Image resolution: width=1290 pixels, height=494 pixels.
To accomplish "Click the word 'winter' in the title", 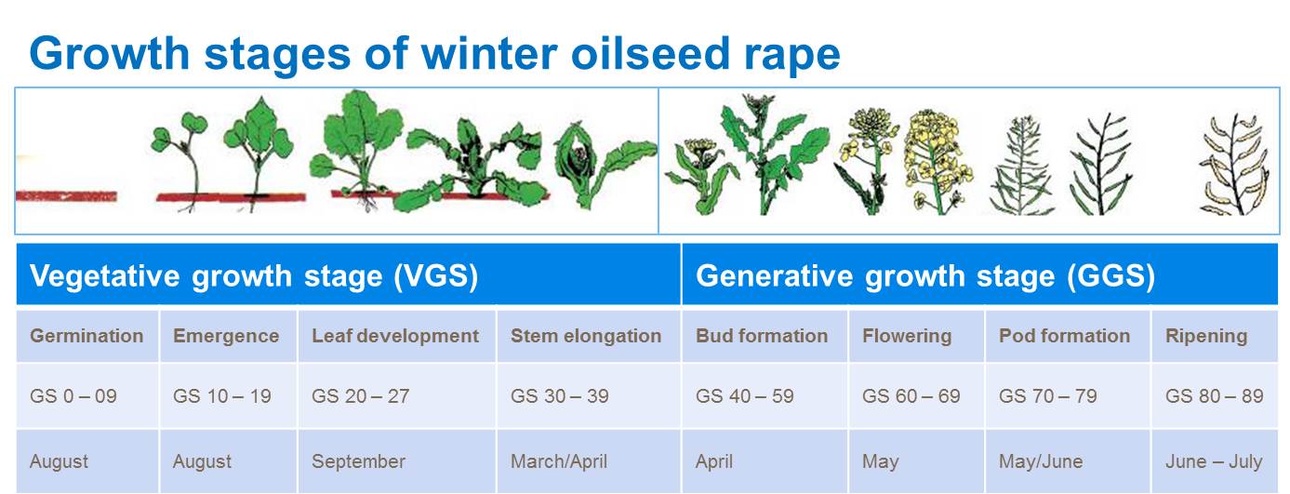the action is click(x=488, y=54).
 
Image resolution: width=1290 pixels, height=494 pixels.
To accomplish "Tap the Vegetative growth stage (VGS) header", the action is click(x=254, y=275).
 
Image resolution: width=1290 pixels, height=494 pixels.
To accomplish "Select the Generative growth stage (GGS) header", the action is click(x=925, y=275).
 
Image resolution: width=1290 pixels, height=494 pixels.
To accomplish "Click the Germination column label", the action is click(x=86, y=336).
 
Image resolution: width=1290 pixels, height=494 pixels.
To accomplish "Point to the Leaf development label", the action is click(x=395, y=336).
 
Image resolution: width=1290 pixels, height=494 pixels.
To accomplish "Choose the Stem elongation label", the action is click(x=586, y=336).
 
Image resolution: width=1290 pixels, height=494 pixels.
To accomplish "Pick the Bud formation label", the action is click(x=762, y=336).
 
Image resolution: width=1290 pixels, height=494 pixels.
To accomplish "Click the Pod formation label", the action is click(x=1064, y=336).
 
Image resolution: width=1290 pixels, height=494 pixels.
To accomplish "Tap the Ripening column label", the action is click(x=1206, y=336).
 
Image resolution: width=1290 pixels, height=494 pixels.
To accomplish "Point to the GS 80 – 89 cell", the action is click(x=1214, y=396).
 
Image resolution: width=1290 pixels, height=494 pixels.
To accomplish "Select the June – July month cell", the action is click(x=1214, y=461).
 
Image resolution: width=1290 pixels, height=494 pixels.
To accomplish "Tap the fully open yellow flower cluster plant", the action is click(x=936, y=163).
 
